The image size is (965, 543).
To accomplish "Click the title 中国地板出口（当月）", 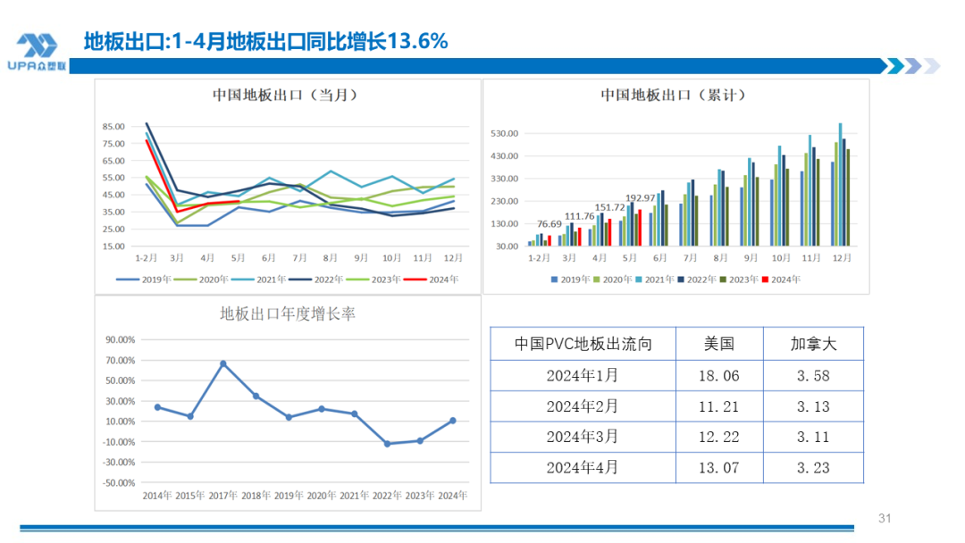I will pyautogui.click(x=280, y=95).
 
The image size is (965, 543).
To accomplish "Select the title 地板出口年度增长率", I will pyautogui.click(x=289, y=314).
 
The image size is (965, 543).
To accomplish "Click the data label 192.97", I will pyautogui.click(x=640, y=197).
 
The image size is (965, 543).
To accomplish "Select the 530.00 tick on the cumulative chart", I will pyautogui.click(x=505, y=134).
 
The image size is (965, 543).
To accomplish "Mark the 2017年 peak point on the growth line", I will pyautogui.click(x=222, y=363).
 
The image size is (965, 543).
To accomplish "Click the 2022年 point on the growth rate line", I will pyautogui.click(x=387, y=444).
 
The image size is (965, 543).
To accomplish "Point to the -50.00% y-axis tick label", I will pyautogui.click(x=119, y=483).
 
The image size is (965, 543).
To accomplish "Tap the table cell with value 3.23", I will pyautogui.click(x=813, y=467).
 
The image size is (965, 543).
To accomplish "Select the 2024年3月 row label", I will pyautogui.click(x=582, y=437).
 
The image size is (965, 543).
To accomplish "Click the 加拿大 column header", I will pyautogui.click(x=813, y=344).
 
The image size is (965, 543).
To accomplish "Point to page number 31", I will pyautogui.click(x=885, y=519).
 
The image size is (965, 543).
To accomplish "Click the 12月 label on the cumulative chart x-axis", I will pyautogui.click(x=841, y=258).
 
